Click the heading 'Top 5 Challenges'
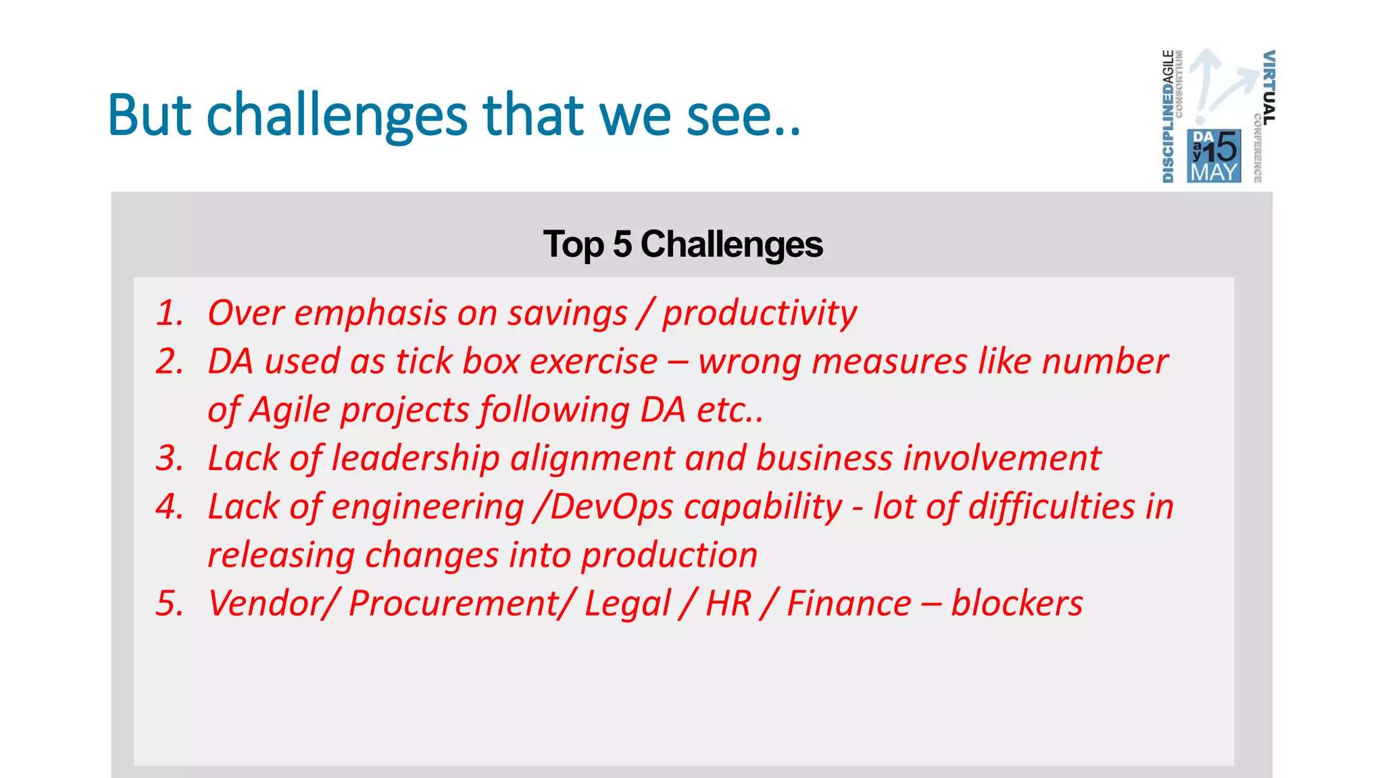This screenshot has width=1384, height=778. [683, 244]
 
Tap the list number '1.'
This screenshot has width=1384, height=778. [170, 313]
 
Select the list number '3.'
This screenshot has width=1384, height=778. [170, 459]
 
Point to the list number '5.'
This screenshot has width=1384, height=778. [170, 604]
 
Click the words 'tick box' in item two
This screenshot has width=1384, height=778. [458, 362]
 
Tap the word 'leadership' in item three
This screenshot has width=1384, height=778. [415, 459]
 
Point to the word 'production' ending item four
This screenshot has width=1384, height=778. [669, 556]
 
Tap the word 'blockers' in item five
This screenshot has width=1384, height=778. [1016, 604]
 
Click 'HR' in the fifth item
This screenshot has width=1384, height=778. [728, 604]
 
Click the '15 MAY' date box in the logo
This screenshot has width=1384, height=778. [1214, 157]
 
